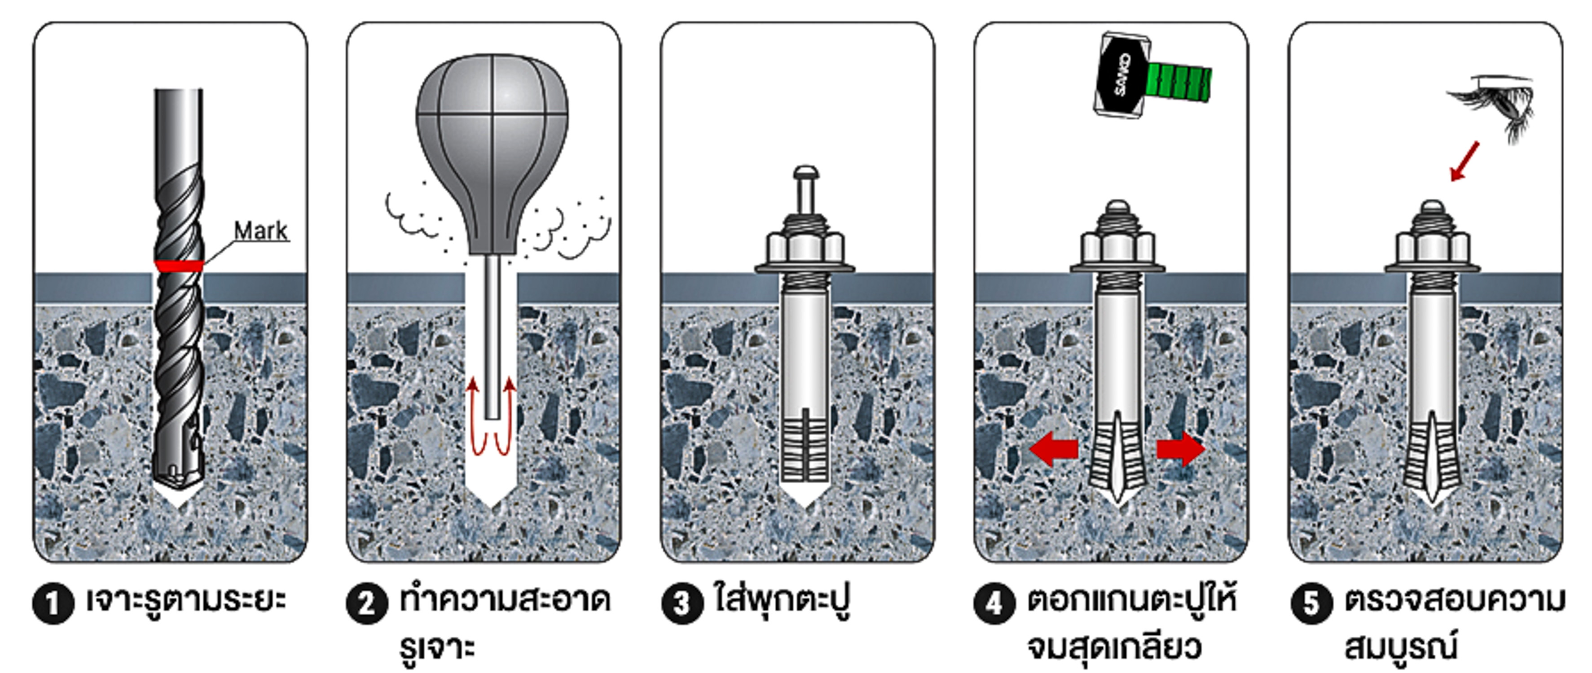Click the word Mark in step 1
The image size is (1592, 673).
point(260,231)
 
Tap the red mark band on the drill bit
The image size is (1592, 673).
point(179,266)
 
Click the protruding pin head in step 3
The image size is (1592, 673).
point(805,172)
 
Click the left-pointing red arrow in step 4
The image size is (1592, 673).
point(1054,449)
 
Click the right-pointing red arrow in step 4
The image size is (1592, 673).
point(1180,449)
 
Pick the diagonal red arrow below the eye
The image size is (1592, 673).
point(1464,162)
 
